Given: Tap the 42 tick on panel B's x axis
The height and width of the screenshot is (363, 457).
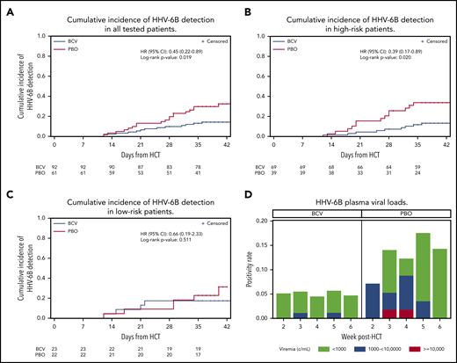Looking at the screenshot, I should click(439, 143).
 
